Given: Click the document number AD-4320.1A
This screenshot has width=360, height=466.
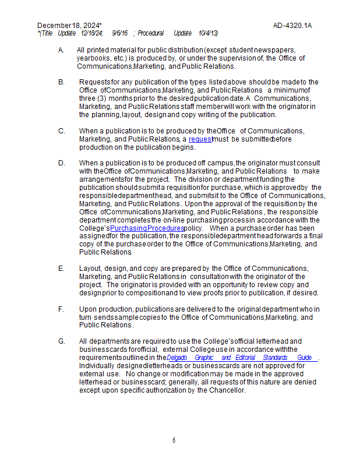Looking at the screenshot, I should (292, 26).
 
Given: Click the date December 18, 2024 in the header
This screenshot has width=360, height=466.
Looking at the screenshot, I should (69, 26).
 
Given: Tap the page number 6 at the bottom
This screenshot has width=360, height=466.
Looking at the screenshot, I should (174, 440).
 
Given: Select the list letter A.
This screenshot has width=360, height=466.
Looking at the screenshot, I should (61, 50).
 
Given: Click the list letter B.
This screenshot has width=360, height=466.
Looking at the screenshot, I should (61, 82).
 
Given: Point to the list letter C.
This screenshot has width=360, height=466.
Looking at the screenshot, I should (61, 131).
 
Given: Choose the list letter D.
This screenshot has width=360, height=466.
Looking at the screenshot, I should (61, 163).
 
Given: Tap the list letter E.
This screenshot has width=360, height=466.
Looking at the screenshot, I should (61, 269).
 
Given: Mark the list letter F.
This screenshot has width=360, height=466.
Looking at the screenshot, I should (61, 309).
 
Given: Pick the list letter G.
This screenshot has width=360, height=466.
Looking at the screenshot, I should (61, 341).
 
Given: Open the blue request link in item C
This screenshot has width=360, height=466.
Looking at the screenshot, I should (200, 139).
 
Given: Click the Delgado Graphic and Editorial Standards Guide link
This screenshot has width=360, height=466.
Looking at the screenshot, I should (242, 358).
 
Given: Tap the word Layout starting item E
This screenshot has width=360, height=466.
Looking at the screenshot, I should (91, 269).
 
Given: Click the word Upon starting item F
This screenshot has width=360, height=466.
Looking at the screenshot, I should (89, 309).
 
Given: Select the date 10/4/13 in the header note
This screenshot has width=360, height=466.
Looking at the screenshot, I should (208, 33).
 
